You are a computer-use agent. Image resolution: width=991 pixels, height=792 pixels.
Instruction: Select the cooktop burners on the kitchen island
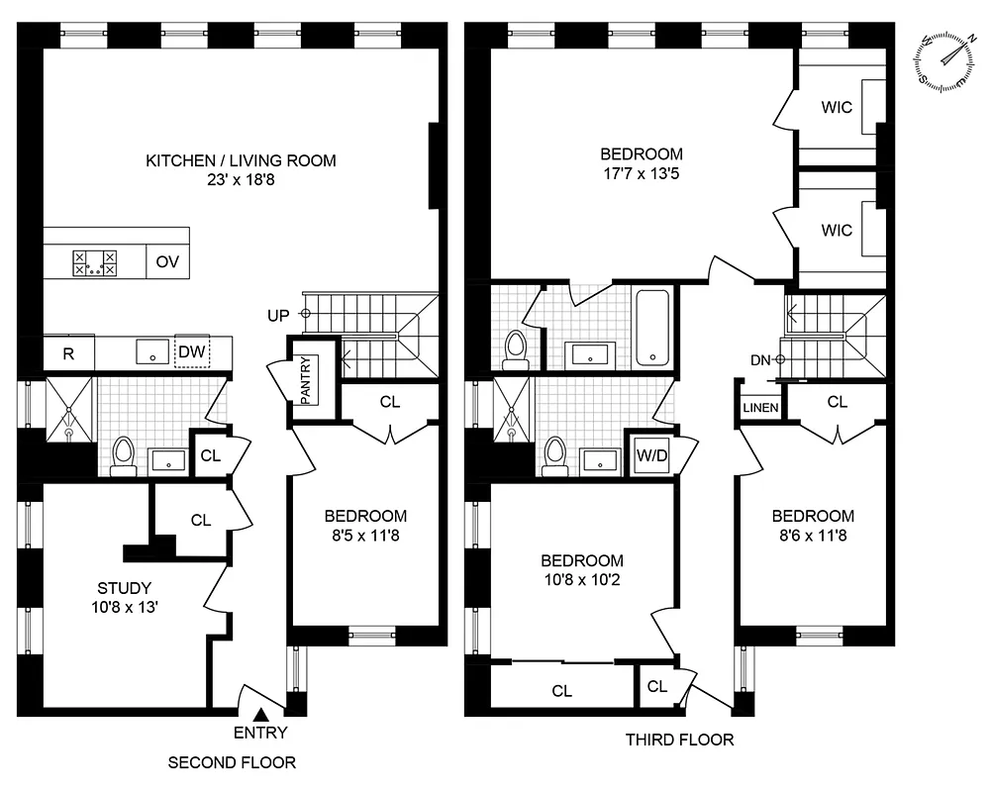(x=94, y=263)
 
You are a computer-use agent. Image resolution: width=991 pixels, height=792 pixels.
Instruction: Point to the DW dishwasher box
(x=191, y=351)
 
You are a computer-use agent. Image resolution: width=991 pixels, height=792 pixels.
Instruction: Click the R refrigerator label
(x=69, y=353)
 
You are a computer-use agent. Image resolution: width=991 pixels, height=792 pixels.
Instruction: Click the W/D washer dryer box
(x=650, y=456)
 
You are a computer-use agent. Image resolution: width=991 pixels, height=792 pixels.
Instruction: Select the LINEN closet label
(x=760, y=408)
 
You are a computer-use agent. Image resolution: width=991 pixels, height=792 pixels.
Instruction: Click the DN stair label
(x=759, y=359)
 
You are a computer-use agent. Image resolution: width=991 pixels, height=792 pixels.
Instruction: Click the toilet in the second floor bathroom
(x=124, y=455)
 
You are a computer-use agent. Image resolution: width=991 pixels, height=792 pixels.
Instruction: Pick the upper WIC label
(x=837, y=108)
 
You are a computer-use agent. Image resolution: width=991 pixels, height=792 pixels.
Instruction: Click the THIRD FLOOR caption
(x=679, y=740)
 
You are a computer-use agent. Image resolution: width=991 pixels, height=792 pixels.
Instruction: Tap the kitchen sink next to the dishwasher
(x=151, y=351)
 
